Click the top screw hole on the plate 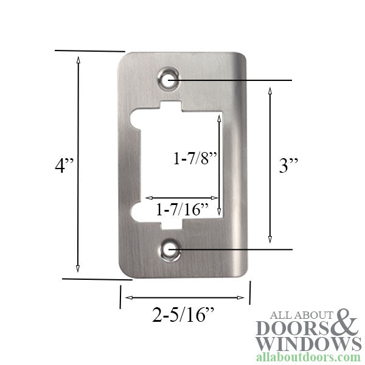pyautogui.click(x=170, y=79)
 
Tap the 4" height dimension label pyautogui.click(x=63, y=165)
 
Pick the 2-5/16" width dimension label pyautogui.click(x=184, y=315)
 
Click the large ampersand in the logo pyautogui.click(x=346, y=322)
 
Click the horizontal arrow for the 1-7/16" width pyautogui.click(x=183, y=198)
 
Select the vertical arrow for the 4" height pyautogui.click(x=78, y=164)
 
